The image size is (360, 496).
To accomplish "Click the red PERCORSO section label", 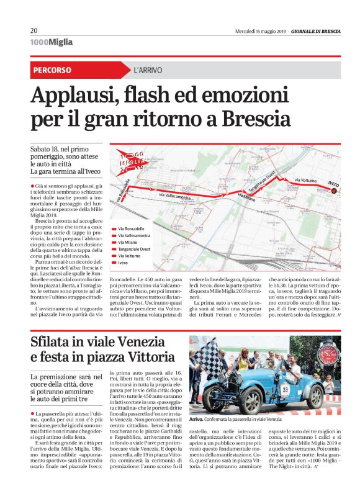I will pyautogui.click(x=52, y=70).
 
